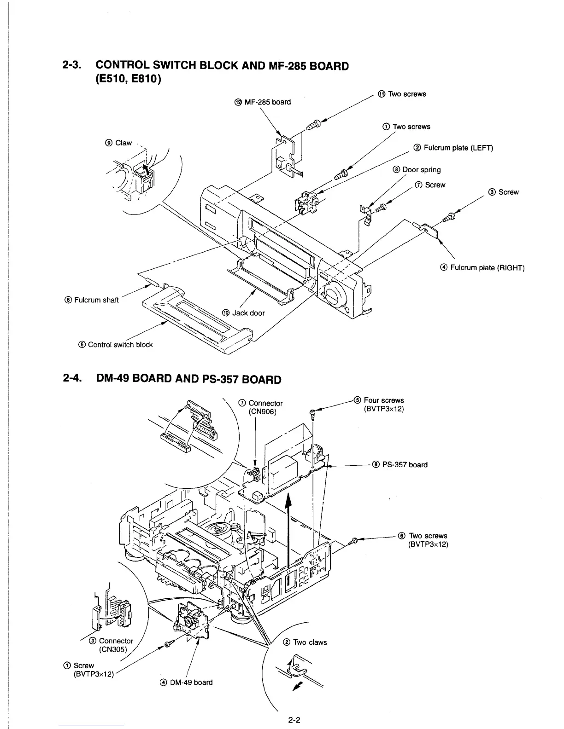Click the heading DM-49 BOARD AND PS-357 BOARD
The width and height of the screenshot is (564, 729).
(x=188, y=379)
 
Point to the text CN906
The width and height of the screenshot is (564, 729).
(x=262, y=411)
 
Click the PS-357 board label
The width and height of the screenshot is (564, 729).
(x=400, y=464)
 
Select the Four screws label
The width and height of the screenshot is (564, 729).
(x=383, y=400)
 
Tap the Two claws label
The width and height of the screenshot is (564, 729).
(x=310, y=642)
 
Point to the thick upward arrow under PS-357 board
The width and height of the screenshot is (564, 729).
(x=289, y=529)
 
